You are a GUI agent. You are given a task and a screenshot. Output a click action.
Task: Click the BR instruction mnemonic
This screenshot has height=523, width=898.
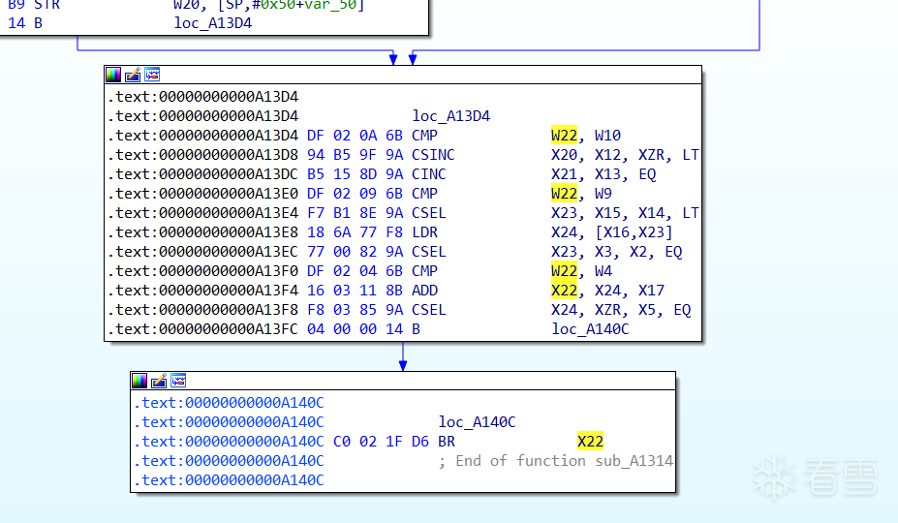(x=447, y=442)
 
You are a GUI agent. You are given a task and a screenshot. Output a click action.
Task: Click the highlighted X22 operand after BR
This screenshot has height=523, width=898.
(x=590, y=442)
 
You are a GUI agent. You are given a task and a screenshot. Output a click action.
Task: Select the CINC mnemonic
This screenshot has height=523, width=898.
(x=428, y=174)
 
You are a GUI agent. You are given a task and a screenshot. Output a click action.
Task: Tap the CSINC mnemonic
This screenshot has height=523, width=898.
(x=433, y=155)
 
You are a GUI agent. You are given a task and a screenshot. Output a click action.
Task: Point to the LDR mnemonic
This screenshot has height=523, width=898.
(x=424, y=232)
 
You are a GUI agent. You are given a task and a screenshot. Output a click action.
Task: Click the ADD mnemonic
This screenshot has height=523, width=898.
(x=424, y=291)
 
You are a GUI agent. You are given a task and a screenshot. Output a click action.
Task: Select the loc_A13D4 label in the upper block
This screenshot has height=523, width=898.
(x=450, y=116)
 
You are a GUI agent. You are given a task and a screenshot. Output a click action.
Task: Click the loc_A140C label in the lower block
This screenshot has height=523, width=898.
(x=477, y=422)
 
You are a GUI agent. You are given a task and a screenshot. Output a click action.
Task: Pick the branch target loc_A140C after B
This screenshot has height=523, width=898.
(x=590, y=329)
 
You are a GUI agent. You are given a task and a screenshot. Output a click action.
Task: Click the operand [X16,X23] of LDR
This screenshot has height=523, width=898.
(x=634, y=232)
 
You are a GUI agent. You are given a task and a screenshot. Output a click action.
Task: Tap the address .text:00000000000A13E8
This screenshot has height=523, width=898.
(x=202, y=232)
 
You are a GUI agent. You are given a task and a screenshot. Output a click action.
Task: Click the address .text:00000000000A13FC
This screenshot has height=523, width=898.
(x=202, y=329)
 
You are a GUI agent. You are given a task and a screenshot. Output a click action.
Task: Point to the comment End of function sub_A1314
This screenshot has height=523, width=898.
(x=555, y=461)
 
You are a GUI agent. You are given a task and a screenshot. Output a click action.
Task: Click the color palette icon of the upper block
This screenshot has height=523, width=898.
(x=113, y=75)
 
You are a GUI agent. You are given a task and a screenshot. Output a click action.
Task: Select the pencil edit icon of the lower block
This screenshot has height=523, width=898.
(x=159, y=381)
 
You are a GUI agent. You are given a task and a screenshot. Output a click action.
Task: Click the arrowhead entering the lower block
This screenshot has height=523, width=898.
(x=403, y=365)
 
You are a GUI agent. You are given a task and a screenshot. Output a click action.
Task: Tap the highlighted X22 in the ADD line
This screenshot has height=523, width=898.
(x=564, y=291)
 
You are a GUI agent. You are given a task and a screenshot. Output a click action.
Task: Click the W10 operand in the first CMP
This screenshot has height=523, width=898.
(x=607, y=136)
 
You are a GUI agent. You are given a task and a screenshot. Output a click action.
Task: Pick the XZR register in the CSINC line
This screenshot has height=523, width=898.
(x=651, y=155)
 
